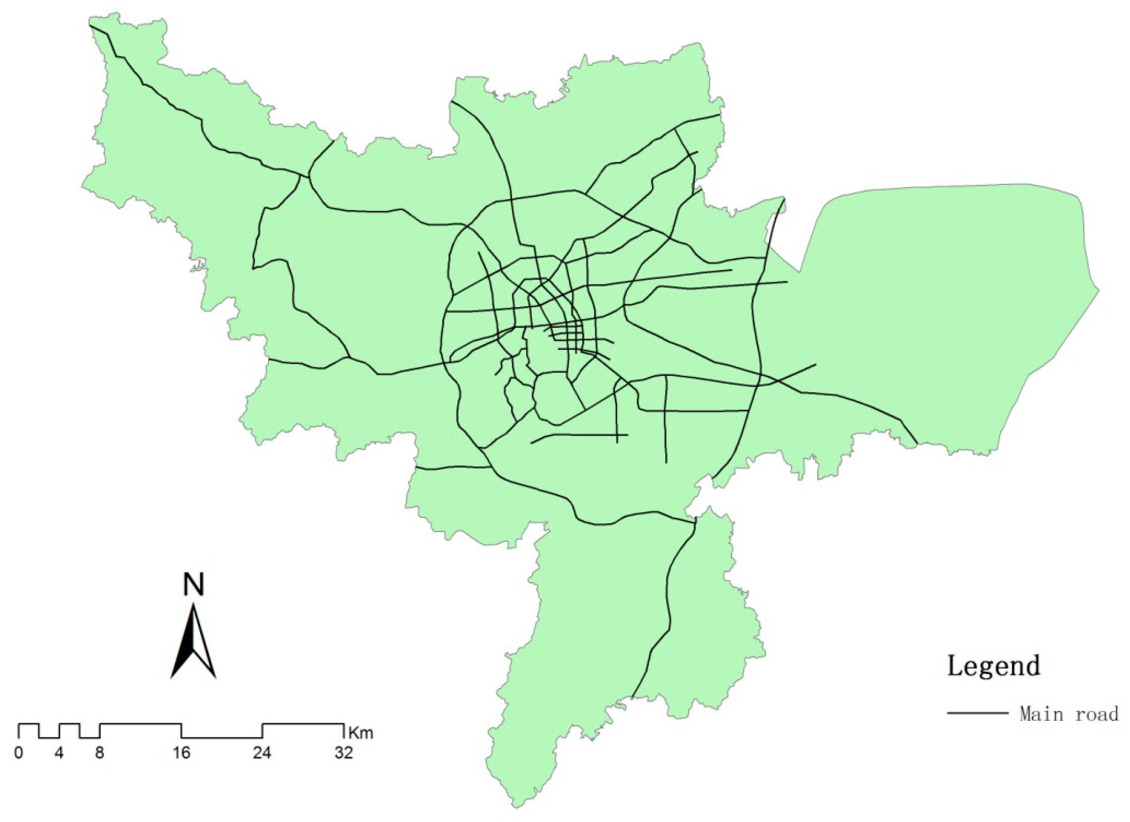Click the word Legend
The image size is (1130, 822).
point(994,666)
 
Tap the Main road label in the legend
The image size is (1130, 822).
point(1069,714)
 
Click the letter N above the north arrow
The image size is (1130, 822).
point(193,584)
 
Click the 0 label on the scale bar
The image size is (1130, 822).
point(18,753)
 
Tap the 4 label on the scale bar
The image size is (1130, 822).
point(59,753)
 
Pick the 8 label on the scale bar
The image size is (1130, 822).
point(100,753)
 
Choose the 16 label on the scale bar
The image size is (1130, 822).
point(181,753)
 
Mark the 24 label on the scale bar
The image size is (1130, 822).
point(262,753)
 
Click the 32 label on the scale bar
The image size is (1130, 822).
point(344,753)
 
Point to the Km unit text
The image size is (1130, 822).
point(361,733)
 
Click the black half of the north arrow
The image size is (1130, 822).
point(185,648)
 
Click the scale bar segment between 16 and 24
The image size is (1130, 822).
point(222,738)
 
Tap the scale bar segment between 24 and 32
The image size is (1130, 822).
point(303,724)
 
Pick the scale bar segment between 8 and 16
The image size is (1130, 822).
point(140,724)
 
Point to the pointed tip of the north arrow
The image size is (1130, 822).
point(193,605)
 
